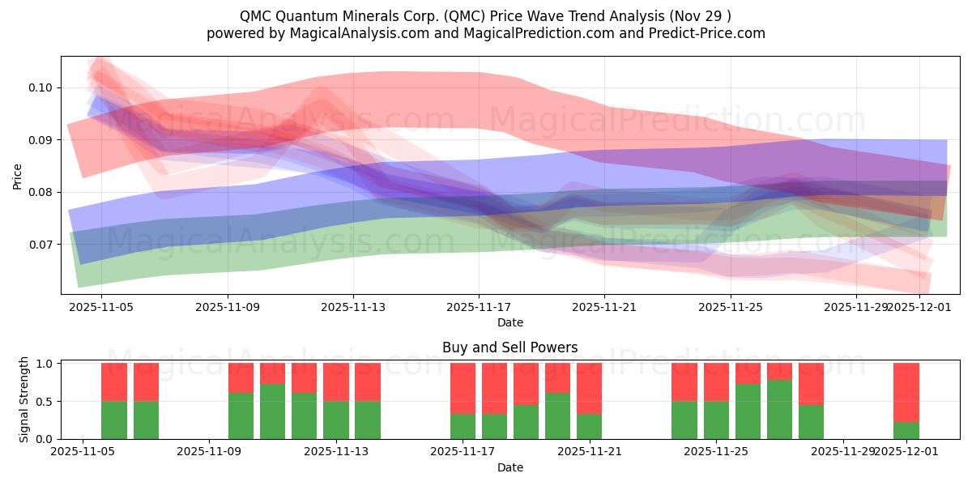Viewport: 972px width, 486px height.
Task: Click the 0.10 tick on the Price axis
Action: point(42,87)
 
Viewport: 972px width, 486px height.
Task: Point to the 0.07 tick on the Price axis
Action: point(42,245)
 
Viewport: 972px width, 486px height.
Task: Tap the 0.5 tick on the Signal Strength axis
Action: point(45,402)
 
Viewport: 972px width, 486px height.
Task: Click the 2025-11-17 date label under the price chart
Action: point(479,308)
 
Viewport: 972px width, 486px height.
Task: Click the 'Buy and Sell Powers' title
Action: point(509,347)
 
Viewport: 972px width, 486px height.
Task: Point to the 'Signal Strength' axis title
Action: point(24,400)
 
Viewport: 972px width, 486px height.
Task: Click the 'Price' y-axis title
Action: point(18,175)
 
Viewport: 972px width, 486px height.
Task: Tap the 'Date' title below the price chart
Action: point(509,322)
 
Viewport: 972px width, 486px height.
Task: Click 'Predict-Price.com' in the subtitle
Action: point(709,33)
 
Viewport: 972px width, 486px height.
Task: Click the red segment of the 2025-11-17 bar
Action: point(463,388)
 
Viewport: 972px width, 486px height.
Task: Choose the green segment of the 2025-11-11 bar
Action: point(272,411)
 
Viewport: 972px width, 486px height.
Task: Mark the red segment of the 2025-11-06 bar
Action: point(146,382)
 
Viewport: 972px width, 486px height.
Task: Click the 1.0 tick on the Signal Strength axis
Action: point(45,364)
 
